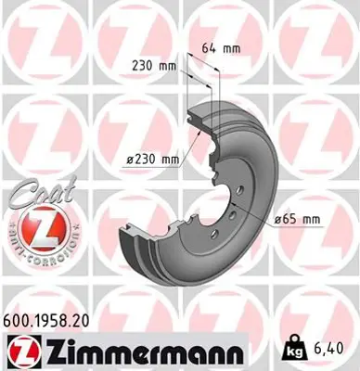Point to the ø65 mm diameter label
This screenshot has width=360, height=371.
tap(297, 219)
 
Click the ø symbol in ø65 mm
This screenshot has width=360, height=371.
tap(277, 219)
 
